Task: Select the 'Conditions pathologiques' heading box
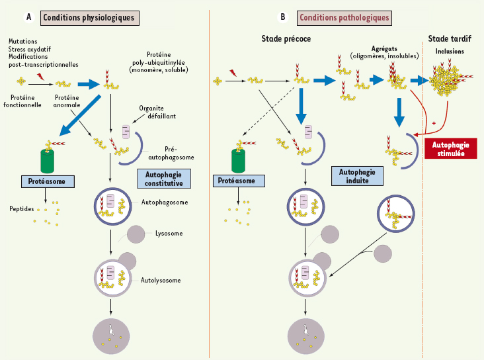tap(343, 17)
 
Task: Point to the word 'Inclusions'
tap(450, 51)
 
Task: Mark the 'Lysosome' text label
tap(169, 234)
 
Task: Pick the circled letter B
tap(284, 17)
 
